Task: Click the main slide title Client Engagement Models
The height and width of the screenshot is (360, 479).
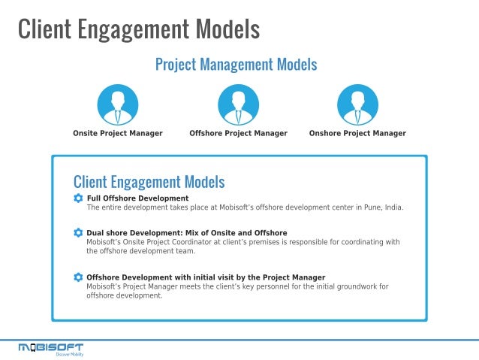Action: [x=138, y=29]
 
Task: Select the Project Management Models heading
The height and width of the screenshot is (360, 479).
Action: [x=236, y=65]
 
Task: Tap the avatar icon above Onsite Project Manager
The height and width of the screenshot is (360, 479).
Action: [x=117, y=104]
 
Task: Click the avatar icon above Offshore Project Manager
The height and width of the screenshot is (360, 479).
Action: [x=238, y=104]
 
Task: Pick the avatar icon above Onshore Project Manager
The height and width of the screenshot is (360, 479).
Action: [x=357, y=104]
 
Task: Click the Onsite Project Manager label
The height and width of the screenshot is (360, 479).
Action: [x=117, y=133]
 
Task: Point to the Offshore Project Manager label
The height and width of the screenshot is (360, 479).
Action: [x=238, y=133]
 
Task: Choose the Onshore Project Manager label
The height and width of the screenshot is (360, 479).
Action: [x=357, y=133]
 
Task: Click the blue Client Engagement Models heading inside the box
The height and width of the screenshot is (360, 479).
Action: [x=149, y=182]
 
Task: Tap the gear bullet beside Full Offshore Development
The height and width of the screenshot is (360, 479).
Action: [x=78, y=198]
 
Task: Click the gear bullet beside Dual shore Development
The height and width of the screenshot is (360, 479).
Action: [x=78, y=233]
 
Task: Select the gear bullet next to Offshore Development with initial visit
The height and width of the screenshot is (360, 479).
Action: [x=78, y=277]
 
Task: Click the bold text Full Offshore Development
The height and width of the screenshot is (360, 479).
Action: [x=137, y=198]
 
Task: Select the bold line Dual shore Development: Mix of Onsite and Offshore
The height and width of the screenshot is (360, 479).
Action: [x=186, y=233]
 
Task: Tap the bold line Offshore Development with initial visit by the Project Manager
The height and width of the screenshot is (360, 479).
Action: [x=206, y=277]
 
